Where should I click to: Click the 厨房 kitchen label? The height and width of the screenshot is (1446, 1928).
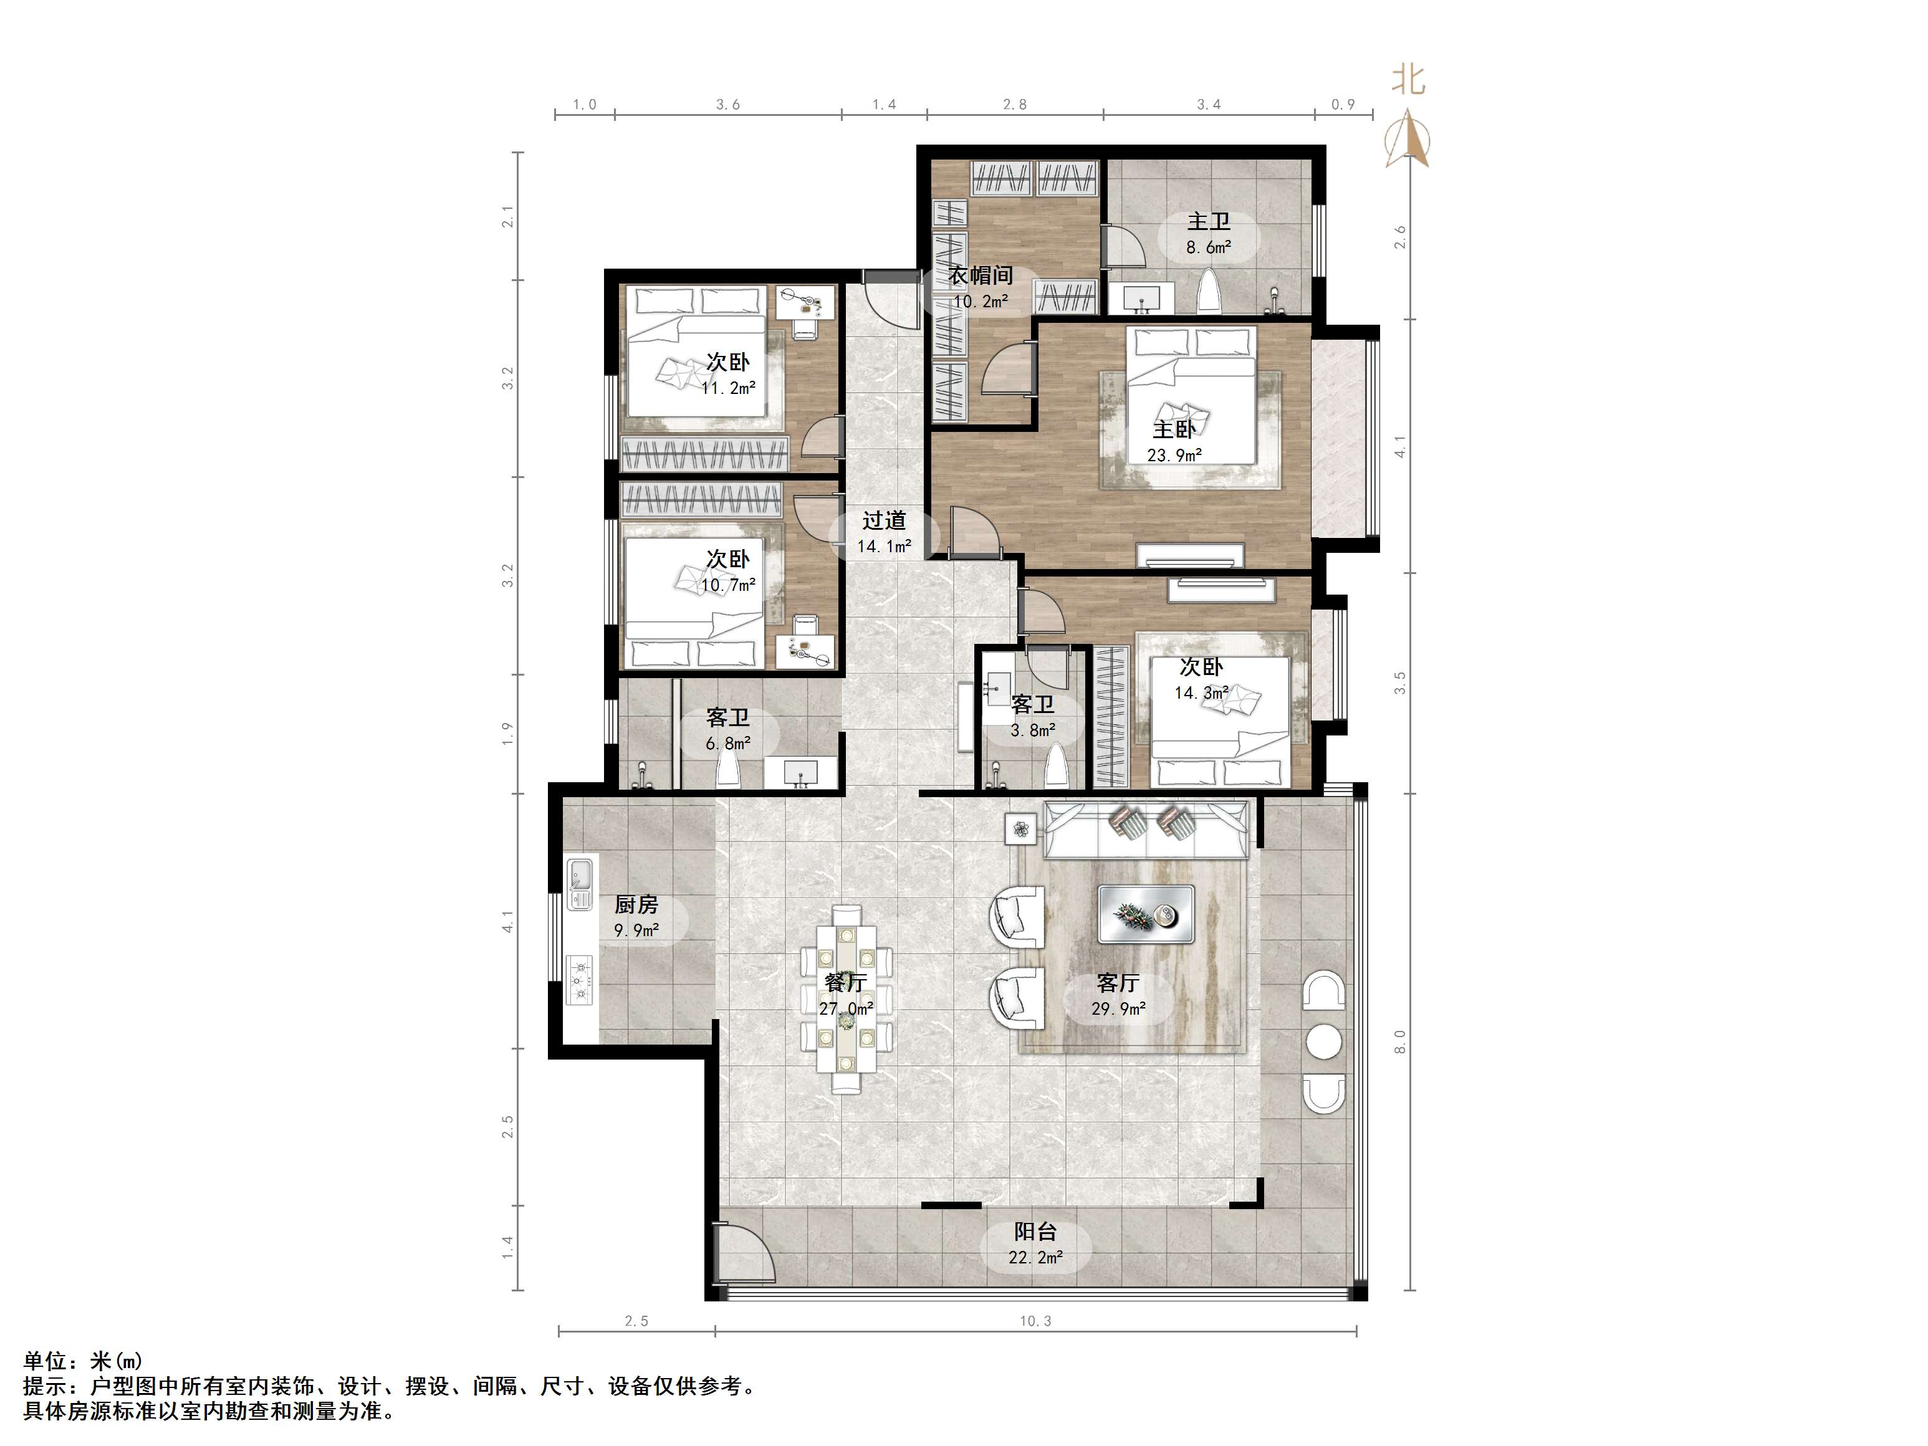click(636, 905)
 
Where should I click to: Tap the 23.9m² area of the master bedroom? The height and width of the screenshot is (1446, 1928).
click(1175, 455)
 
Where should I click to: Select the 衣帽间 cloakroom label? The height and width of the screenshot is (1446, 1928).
click(981, 275)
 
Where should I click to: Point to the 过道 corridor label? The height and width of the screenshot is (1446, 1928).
click(884, 520)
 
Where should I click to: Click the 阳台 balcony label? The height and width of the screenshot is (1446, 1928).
click(1035, 1232)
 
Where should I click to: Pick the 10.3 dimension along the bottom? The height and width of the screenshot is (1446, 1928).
click(1035, 1321)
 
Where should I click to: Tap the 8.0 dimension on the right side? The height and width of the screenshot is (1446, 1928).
click(1401, 1041)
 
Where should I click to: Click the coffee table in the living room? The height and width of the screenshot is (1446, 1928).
click(1145, 914)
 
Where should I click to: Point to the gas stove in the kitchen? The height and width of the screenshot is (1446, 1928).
click(580, 980)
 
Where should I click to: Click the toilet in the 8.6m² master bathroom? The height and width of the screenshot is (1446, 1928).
click(1209, 291)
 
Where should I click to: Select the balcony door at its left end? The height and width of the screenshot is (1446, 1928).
click(741, 1252)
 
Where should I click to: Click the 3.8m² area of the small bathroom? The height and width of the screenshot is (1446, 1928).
click(1033, 730)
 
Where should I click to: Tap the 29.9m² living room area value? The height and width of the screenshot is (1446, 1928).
click(1118, 1009)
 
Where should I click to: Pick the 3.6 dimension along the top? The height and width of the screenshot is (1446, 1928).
click(728, 105)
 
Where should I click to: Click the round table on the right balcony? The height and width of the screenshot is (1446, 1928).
click(1324, 1041)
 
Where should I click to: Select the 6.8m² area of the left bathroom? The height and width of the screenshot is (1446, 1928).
click(728, 744)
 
